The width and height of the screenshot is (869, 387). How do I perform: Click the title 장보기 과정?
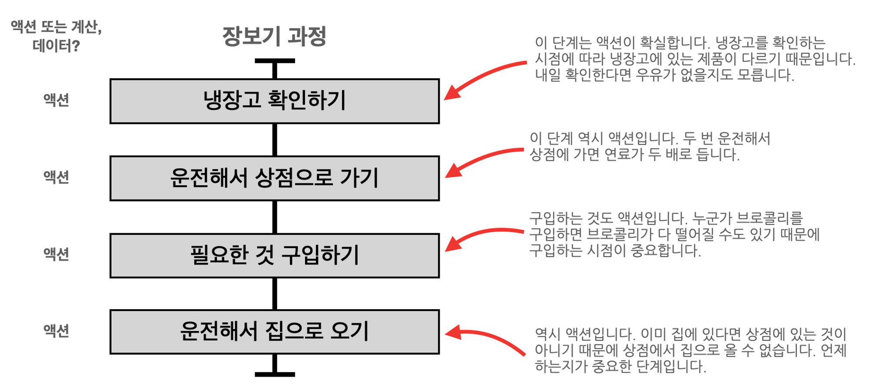274,36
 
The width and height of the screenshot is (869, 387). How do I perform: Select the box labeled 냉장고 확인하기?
274,101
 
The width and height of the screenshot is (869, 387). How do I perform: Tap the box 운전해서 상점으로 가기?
274,178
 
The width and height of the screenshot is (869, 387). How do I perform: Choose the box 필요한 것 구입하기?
274,255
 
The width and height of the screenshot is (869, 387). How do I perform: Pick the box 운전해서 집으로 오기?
274,332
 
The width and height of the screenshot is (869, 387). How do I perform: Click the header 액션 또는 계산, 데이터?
56,36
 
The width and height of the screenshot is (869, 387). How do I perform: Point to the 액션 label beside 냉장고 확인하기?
56,100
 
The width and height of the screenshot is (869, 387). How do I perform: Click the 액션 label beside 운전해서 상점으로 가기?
56,177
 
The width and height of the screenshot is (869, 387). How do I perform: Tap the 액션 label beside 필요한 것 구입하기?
56,254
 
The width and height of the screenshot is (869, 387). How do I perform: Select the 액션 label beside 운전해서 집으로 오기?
56,331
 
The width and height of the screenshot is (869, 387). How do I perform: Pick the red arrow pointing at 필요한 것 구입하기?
482,235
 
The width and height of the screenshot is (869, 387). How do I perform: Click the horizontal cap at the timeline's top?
275,61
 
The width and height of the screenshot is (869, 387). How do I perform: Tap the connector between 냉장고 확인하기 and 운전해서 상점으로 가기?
275,140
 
